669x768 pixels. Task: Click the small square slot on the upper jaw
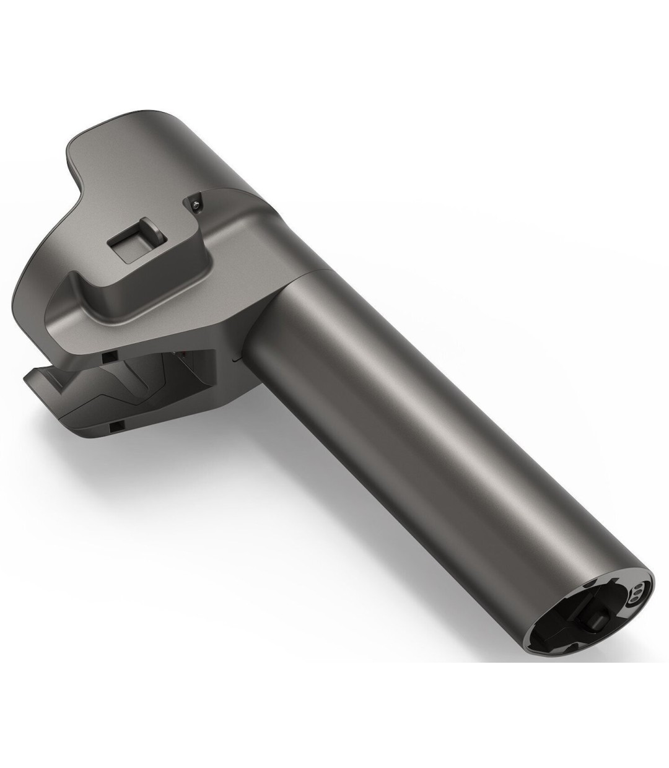(x=109, y=358)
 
